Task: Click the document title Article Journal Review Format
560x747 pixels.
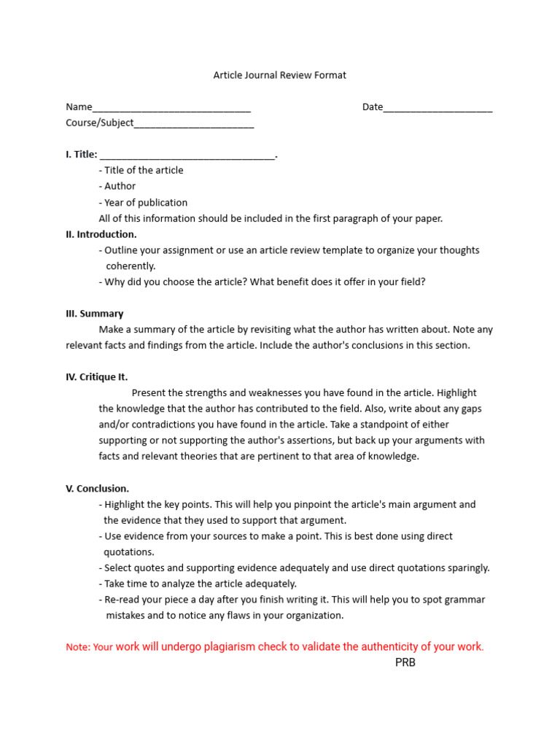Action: pos(279,75)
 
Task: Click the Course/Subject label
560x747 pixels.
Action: pos(100,123)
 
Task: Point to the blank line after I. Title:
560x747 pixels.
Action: pos(187,155)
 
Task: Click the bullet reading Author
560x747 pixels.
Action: pos(120,186)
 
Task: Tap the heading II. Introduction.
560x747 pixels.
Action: pos(101,234)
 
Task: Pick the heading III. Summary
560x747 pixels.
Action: pos(95,314)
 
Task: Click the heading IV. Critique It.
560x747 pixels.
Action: pos(97,377)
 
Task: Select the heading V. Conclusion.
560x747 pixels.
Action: pos(98,489)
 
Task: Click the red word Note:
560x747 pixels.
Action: pos(78,647)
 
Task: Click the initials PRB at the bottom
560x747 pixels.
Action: pos(405,662)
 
